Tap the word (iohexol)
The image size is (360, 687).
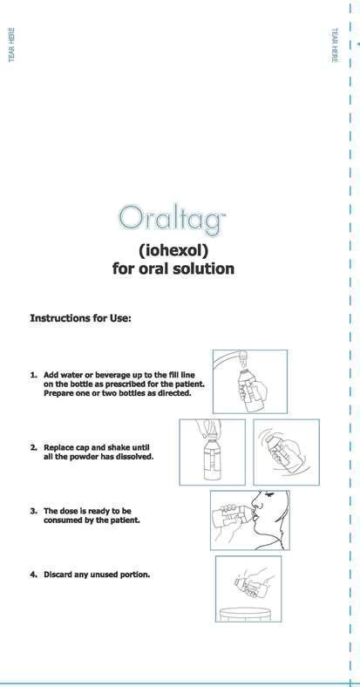click(173, 250)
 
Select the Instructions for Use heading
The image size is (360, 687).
click(80, 318)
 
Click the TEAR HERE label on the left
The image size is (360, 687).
click(11, 44)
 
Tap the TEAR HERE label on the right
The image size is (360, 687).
click(335, 44)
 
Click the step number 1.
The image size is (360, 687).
click(33, 375)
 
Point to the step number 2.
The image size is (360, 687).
click(33, 448)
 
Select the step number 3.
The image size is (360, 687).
click(33, 511)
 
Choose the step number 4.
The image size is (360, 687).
click(33, 575)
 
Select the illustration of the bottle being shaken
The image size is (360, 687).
click(287, 452)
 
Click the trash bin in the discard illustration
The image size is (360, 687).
click(246, 614)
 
